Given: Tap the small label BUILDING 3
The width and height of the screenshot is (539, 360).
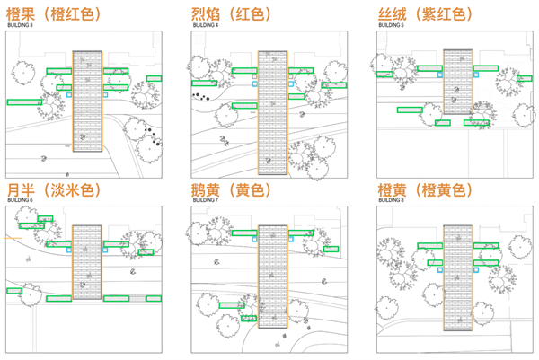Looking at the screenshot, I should pyautogui.click(x=20, y=26).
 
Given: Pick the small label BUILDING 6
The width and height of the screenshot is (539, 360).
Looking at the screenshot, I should pyautogui.click(x=20, y=200).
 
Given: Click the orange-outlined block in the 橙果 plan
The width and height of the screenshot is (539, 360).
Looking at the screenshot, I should pyautogui.click(x=87, y=97).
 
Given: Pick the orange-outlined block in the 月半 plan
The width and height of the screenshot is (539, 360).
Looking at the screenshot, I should pyautogui.click(x=87, y=263).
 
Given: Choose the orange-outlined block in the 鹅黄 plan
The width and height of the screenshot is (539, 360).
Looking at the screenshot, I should pyautogui.click(x=272, y=276).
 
